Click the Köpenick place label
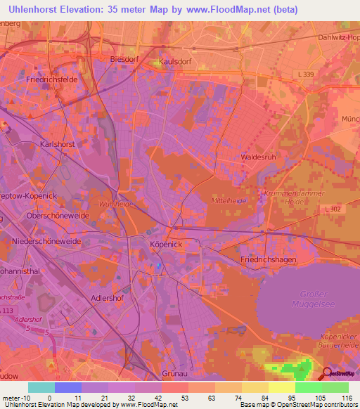(166, 244)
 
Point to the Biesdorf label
(125, 59)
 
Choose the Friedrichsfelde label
(51, 80)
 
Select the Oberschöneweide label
(59, 216)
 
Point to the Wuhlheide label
(116, 204)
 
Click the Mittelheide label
(228, 201)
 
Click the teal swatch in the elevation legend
(41, 387)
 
